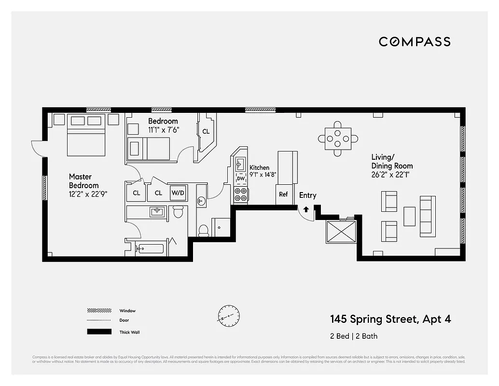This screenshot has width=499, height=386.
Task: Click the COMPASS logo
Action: (415, 41)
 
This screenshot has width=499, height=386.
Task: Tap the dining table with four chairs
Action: (338, 139)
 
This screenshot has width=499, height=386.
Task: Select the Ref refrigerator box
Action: (283, 194)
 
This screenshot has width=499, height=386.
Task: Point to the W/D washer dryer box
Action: (178, 193)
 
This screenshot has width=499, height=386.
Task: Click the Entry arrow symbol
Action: (305, 209)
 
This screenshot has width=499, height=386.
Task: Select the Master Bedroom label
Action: (83, 181)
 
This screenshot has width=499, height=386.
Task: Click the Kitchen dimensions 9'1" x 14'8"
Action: (263, 175)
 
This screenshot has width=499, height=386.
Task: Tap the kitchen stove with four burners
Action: (241, 194)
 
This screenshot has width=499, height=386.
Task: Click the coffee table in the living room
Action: (409, 216)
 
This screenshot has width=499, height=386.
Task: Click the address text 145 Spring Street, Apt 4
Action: (390, 319)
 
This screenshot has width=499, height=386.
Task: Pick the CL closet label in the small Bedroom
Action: (206, 131)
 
